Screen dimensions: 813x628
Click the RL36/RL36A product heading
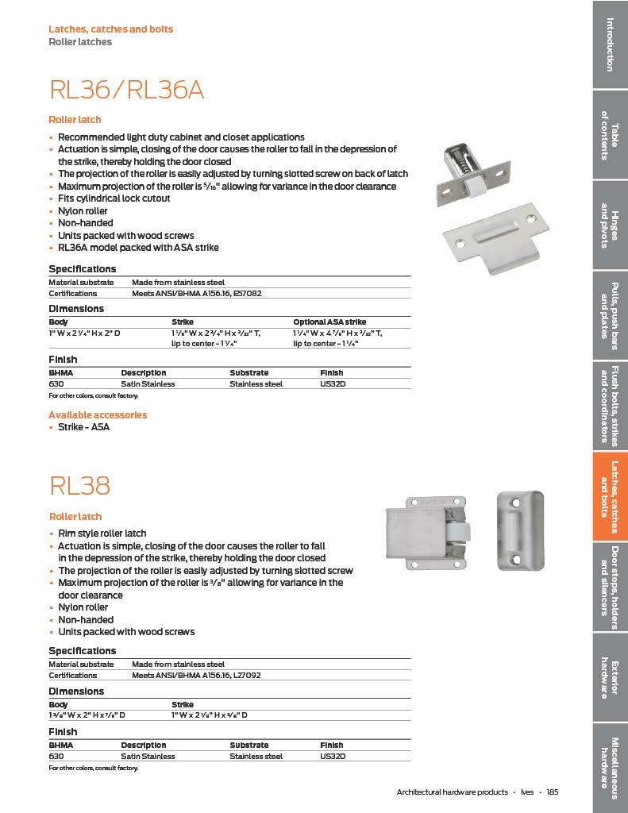point(127,90)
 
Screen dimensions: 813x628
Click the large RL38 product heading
point(79,484)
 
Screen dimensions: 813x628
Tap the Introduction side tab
point(610,44)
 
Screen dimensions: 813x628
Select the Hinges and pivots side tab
point(610,225)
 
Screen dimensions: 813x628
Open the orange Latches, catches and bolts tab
point(610,496)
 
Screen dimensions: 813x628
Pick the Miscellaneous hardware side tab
point(610,762)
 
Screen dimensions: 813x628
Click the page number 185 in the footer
point(553,792)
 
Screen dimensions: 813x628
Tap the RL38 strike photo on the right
point(520,530)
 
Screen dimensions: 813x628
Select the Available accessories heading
point(98,414)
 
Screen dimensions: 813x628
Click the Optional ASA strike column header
point(329,322)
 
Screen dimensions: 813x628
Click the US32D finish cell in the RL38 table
point(333,756)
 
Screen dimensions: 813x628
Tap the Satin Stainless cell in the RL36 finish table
point(148,383)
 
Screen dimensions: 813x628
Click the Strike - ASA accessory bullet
point(83,427)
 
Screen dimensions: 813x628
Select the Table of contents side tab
point(610,134)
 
